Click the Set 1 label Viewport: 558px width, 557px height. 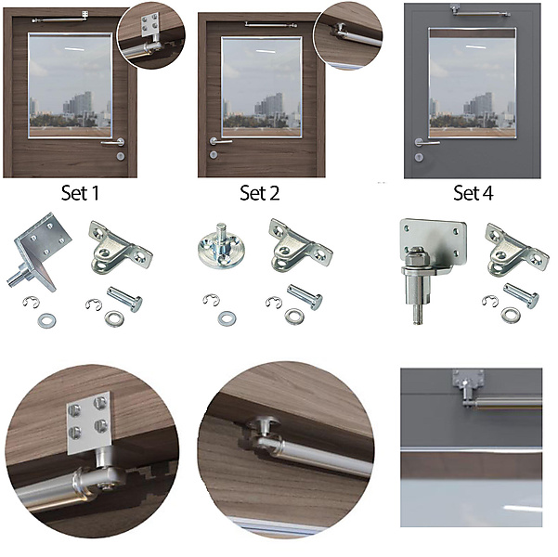(x=80, y=193)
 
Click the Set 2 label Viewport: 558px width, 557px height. (x=259, y=193)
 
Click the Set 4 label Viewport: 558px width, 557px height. (x=474, y=193)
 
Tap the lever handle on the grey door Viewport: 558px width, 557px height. (x=426, y=143)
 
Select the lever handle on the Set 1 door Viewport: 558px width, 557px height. (x=113, y=142)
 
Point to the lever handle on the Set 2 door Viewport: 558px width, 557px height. (x=220, y=141)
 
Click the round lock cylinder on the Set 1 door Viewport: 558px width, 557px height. (x=121, y=156)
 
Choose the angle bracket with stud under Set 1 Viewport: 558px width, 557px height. (x=39, y=252)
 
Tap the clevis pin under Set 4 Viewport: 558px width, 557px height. (x=521, y=295)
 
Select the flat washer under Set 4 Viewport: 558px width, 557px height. (x=511, y=316)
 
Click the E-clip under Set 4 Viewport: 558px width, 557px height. (x=489, y=301)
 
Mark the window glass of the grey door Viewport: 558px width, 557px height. (x=473, y=83)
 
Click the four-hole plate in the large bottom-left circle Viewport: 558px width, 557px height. (x=89, y=422)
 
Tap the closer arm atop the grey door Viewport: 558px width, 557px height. (x=480, y=12)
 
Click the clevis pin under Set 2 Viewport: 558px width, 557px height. (x=305, y=297)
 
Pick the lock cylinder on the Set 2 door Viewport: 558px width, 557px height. (x=214, y=154)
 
